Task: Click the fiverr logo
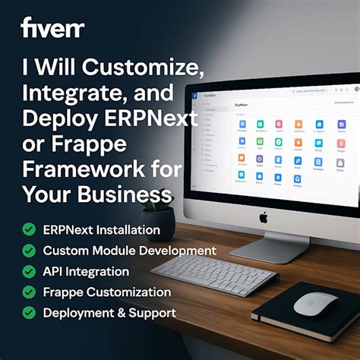(52, 30)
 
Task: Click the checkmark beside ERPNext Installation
(29, 229)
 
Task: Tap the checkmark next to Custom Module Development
(29, 251)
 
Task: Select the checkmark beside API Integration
(29, 271)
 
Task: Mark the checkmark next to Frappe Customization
(29, 292)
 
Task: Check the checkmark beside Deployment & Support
(29, 312)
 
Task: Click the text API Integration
(86, 271)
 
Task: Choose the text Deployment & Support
(109, 312)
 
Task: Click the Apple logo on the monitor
(264, 217)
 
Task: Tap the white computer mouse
(315, 304)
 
